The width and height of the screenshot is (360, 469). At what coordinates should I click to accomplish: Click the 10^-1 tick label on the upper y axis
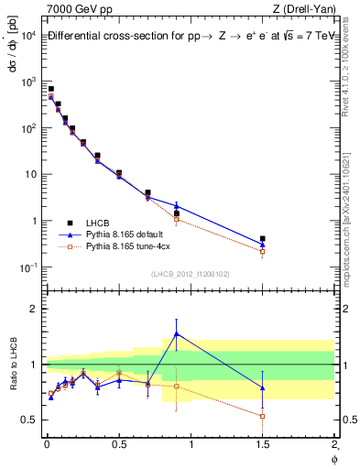pos(27,267)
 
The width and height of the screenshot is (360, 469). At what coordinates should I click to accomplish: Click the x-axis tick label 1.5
pos(262,445)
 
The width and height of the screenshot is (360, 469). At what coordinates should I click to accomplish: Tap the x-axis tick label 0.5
pos(118,445)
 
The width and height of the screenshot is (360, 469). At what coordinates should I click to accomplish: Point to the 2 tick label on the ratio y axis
pos(31,309)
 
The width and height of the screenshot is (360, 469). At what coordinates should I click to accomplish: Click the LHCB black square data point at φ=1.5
pos(263,239)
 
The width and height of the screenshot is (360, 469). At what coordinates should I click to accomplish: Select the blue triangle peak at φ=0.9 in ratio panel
pos(176,333)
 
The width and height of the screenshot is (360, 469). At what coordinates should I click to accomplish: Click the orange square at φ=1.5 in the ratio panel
pos(263,416)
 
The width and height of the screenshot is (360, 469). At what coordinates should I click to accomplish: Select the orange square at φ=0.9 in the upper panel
pos(176,219)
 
